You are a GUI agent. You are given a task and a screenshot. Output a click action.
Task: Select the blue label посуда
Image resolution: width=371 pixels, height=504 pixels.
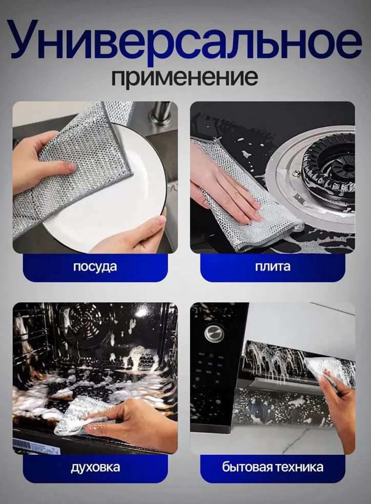[95, 267]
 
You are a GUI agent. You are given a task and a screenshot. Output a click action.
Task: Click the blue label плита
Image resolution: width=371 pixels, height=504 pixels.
[273, 266]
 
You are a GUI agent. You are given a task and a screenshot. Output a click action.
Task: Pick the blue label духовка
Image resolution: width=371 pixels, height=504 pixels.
[95, 467]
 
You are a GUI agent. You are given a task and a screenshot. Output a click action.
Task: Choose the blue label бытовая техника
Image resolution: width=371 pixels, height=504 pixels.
[273, 467]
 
